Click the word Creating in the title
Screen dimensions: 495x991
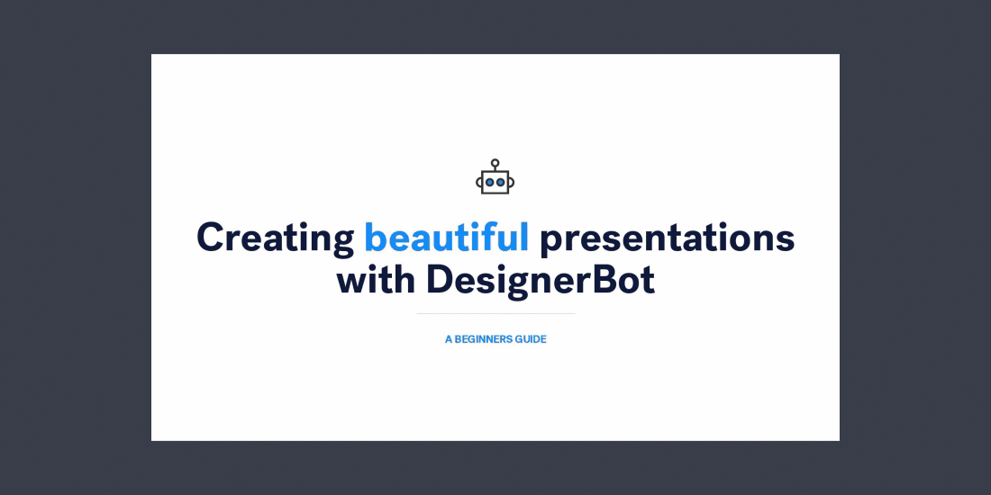[x=276, y=238]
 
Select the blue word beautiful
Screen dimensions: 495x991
[x=446, y=238]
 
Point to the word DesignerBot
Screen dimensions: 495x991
[x=541, y=281]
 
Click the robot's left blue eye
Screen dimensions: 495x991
[x=490, y=182]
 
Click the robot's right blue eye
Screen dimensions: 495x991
[x=501, y=182]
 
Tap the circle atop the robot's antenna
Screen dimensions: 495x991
[x=495, y=162]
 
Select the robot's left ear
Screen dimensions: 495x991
[x=479, y=182]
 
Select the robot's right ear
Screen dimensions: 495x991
[x=512, y=182]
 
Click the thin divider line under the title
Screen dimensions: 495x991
[x=495, y=313]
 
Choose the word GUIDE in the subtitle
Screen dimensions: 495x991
[x=531, y=340]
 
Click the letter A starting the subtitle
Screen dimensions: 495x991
[x=449, y=340]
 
